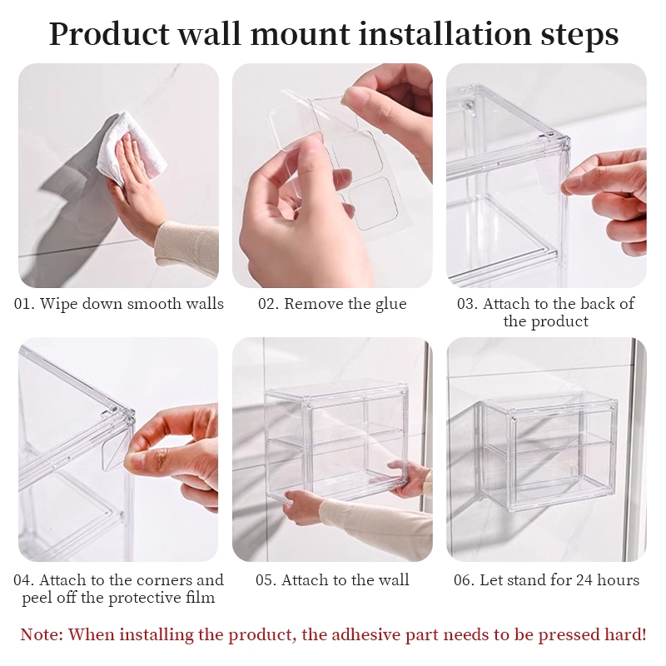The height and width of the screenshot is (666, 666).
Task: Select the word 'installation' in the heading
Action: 445,33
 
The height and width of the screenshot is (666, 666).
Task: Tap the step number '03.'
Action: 468,304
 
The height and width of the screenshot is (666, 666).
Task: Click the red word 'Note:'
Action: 42,634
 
